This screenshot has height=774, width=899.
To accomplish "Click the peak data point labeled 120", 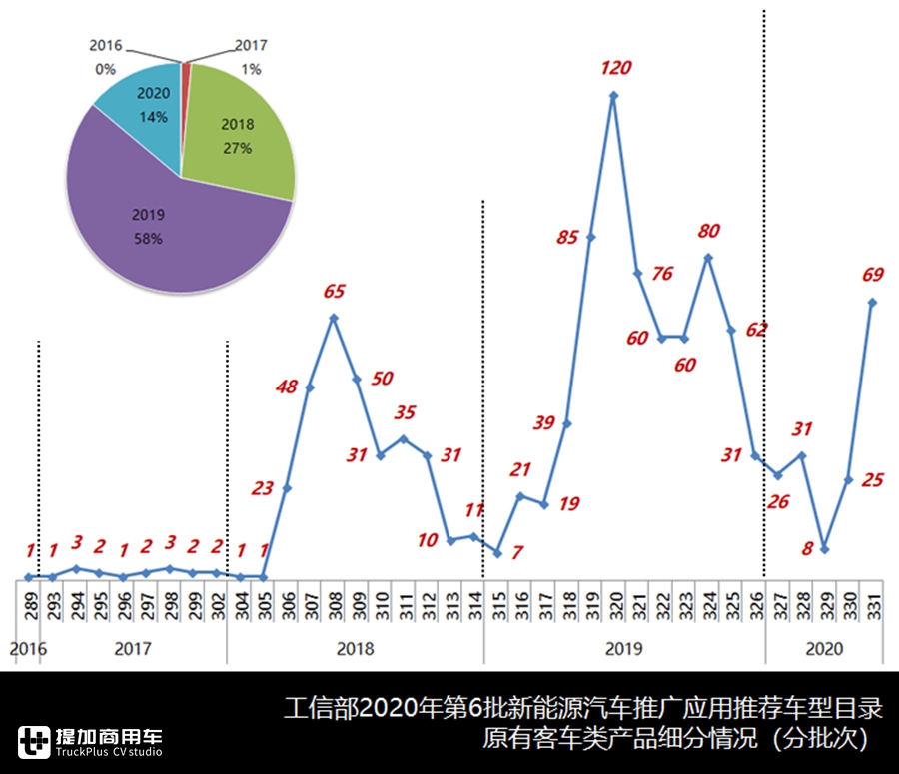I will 613,96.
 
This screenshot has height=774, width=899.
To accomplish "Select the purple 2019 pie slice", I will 150,225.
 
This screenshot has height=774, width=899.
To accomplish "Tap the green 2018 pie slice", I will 240,140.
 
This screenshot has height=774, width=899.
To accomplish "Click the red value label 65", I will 334,292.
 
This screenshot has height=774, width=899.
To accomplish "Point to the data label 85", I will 568,238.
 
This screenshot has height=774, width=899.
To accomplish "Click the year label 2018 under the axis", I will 355,649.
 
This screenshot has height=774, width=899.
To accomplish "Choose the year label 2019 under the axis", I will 624,649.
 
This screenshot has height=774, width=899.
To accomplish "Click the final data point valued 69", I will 872,302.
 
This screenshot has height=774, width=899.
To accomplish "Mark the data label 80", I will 709,231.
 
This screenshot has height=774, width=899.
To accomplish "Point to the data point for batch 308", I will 334,318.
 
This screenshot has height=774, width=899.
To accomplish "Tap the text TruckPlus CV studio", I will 109,752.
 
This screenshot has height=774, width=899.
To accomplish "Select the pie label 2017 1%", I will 251,57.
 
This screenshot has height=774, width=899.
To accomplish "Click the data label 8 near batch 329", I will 806,546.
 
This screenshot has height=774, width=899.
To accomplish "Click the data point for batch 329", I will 825,549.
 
